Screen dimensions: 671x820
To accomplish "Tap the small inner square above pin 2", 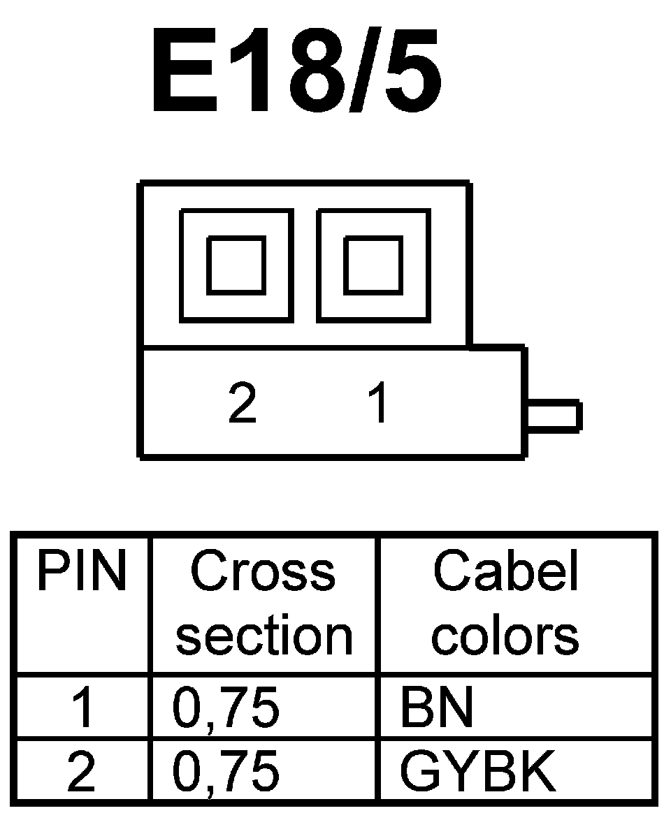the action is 236,265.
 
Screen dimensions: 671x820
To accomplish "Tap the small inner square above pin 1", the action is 373,265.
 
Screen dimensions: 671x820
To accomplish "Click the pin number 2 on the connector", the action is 243,404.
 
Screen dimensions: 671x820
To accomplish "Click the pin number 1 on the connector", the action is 378,404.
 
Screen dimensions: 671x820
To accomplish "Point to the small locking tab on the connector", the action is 553,415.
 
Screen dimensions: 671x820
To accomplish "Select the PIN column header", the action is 82,573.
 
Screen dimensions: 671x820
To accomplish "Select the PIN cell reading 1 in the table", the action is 82,708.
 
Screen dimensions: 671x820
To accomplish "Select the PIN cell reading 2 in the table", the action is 82,772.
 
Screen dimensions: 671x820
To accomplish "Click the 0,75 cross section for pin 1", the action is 226,708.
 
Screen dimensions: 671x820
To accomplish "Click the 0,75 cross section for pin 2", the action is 226,772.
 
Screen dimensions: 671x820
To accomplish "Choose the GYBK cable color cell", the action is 478,772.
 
